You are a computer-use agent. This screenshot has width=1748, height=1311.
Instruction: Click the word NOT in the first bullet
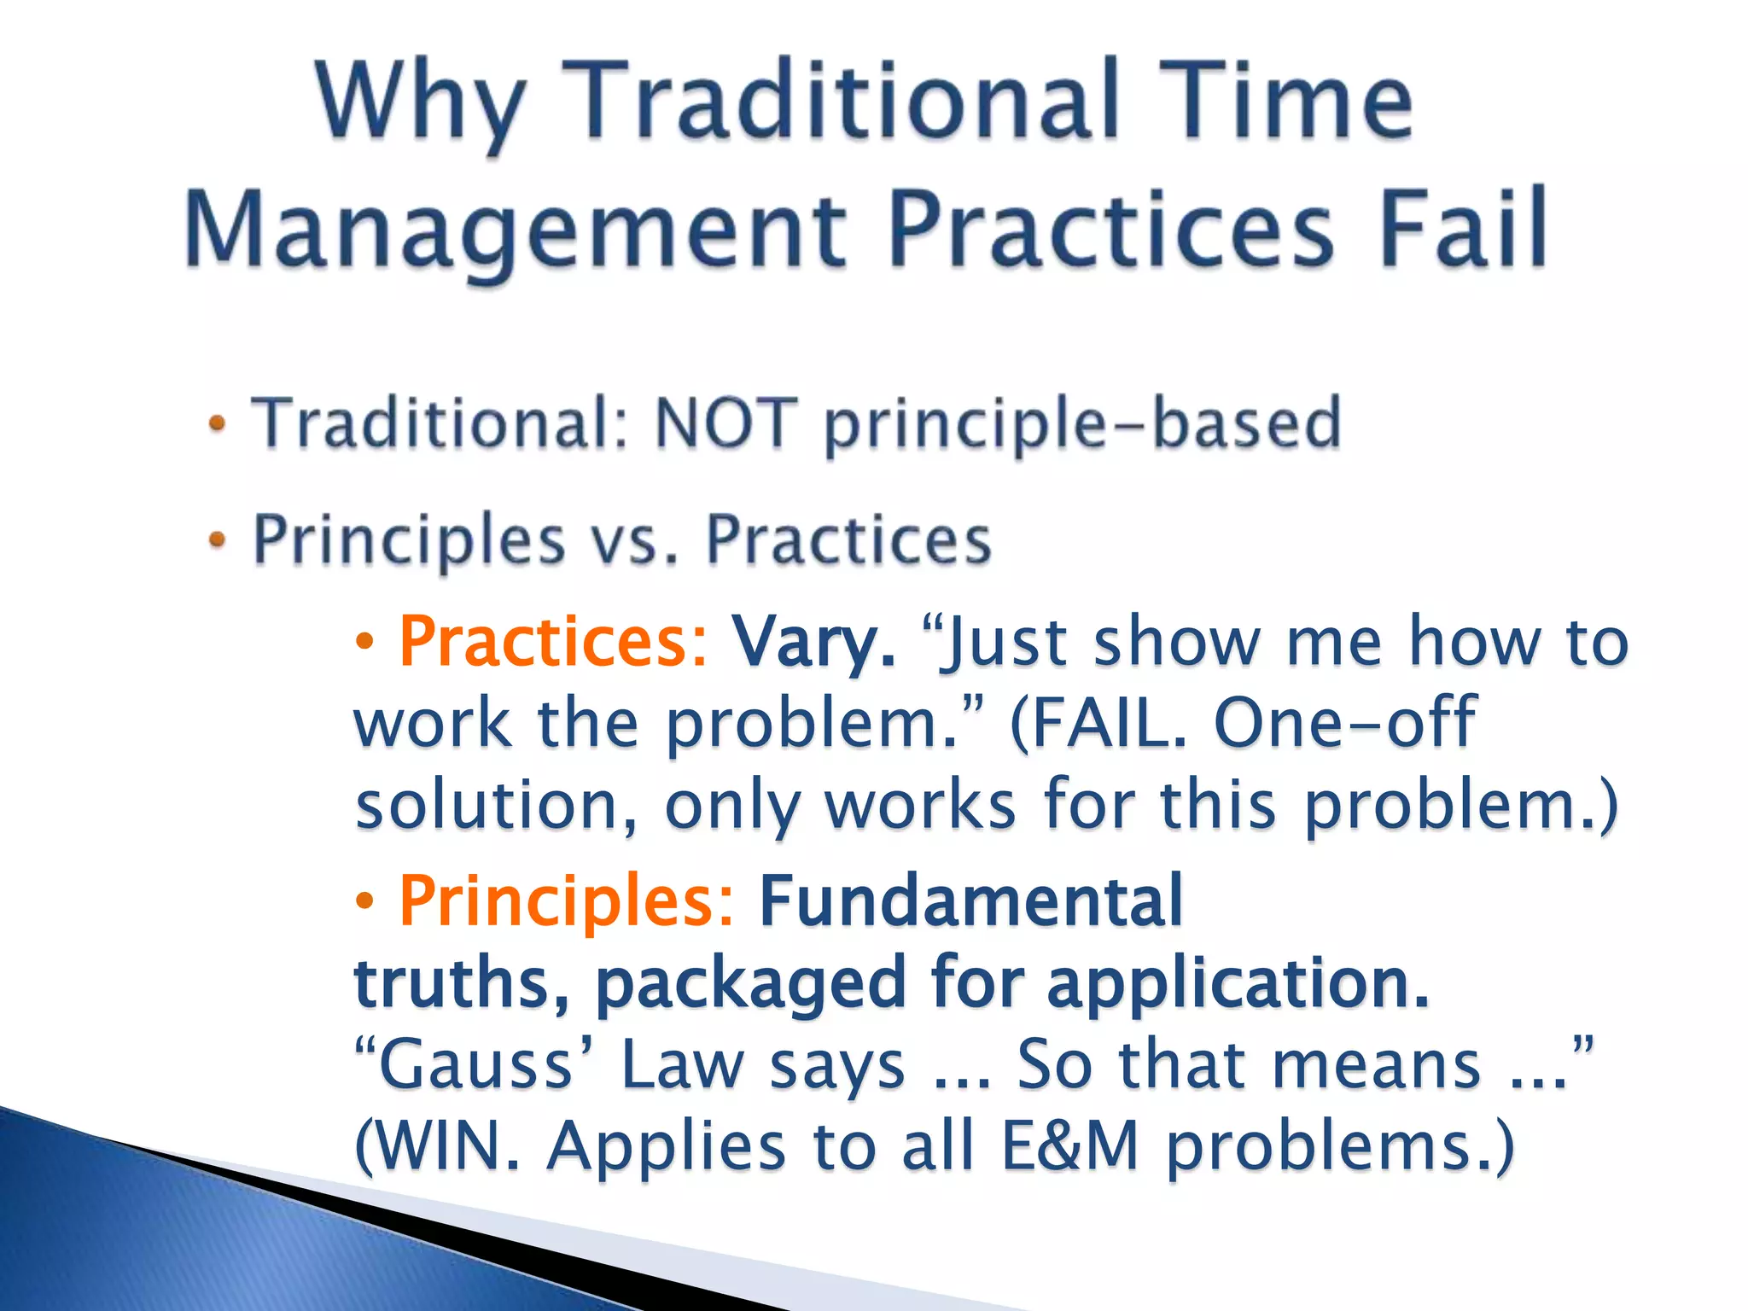(726, 423)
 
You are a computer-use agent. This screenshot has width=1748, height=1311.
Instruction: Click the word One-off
(1344, 722)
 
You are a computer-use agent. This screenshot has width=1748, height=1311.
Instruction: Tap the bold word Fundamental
(970, 901)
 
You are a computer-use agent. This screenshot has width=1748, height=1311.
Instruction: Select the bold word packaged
(749, 984)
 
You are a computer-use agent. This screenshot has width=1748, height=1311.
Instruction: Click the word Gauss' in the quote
(475, 1064)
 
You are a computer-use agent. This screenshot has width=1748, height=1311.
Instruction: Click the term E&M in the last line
(1070, 1145)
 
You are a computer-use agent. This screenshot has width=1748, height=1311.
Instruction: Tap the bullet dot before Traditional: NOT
(218, 423)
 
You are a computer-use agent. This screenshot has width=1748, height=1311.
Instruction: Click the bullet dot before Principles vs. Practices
(218, 539)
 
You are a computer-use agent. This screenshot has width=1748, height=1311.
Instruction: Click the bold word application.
(1238, 984)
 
